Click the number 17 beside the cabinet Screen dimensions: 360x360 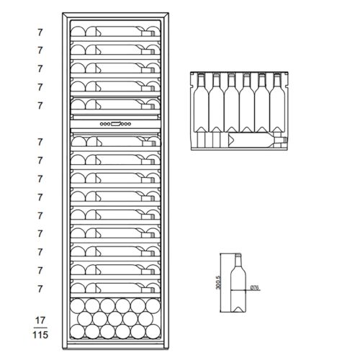pyautogui.click(x=40, y=320)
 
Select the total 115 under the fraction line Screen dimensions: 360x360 pyautogui.click(x=40, y=335)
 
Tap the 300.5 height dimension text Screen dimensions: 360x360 pyautogui.click(x=218, y=282)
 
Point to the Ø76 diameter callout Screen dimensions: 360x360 pyautogui.click(x=255, y=287)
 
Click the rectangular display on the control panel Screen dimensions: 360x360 pyautogui.click(x=117, y=124)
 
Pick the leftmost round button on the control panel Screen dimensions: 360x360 pyautogui.click(x=102, y=124)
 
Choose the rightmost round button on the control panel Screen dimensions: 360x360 pyautogui.click(x=130, y=124)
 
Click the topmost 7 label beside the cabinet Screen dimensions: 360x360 pyautogui.click(x=40, y=32)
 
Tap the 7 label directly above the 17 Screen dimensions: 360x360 pyautogui.click(x=40, y=289)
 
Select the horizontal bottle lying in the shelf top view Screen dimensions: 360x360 pyautogui.click(x=258, y=140)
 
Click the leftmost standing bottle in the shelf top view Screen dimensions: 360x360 pyautogui.click(x=201, y=103)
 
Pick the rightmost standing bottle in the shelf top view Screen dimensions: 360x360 pyautogui.click(x=277, y=103)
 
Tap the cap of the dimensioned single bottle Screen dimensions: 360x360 pyautogui.click(x=238, y=255)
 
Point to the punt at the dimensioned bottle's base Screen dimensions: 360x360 pyautogui.click(x=238, y=309)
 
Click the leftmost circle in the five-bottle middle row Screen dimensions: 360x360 pyautogui.click(x=85, y=319)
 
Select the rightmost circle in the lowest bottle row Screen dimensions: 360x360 pyautogui.click(x=153, y=331)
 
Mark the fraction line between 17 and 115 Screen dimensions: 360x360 pyautogui.click(x=40, y=328)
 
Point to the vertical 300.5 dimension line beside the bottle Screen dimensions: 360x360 pyautogui.click(x=220, y=282)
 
